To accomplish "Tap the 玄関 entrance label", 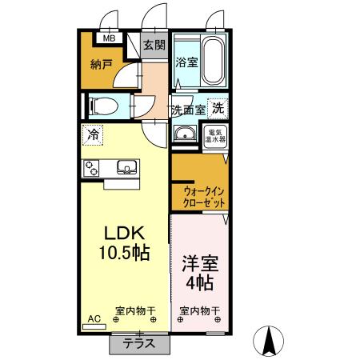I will [x=154, y=45].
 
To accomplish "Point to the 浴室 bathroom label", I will [x=186, y=62].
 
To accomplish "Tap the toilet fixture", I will [x=103, y=106].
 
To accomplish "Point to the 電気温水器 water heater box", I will [x=217, y=134].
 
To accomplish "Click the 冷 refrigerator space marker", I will [x=94, y=135].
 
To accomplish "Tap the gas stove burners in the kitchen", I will [x=92, y=168].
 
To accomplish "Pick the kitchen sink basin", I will [x=126, y=168].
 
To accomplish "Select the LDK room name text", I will [x=126, y=233].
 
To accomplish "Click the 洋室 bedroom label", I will [x=199, y=263].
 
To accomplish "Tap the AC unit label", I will [x=94, y=318].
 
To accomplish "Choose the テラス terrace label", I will [x=140, y=344].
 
